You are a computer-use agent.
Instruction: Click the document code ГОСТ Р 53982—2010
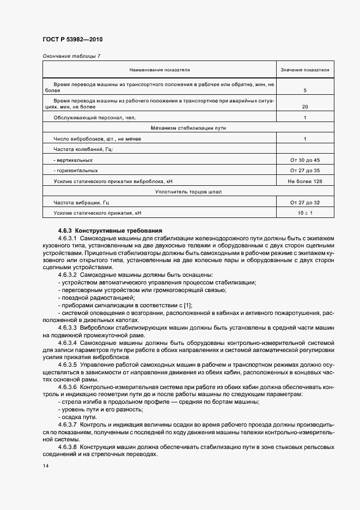tap(72, 40)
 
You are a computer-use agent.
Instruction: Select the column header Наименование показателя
tap(159, 70)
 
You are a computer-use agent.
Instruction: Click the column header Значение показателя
tap(305, 70)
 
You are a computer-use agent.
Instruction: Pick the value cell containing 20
tap(305, 107)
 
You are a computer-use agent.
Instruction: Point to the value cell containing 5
tap(305, 90)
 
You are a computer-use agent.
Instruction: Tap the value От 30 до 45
tap(305, 160)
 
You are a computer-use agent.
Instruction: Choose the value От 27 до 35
tap(305, 171)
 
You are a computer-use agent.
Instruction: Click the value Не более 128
tap(305, 181)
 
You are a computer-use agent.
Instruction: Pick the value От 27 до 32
tap(305, 202)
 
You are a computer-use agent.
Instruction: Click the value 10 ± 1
tap(305, 212)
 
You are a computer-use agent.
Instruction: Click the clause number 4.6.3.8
tap(68, 447)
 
